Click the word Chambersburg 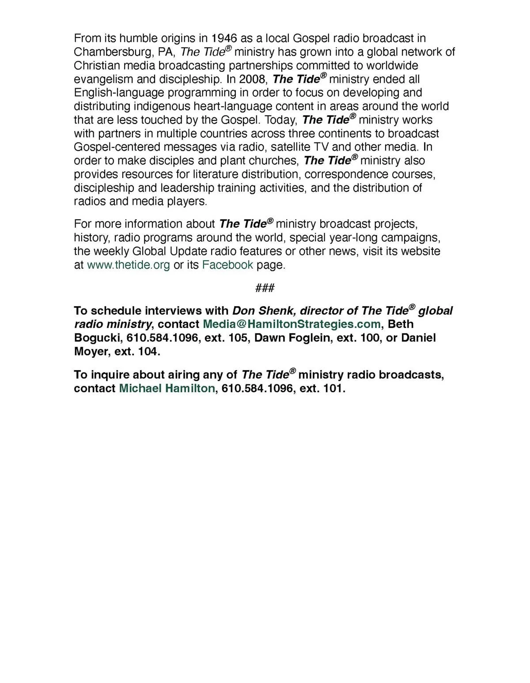[x=113, y=52]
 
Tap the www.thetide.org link [x=128, y=265]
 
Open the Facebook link [x=227, y=265]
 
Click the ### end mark [x=265, y=288]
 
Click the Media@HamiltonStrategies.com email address [x=291, y=324]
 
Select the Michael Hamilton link [x=167, y=389]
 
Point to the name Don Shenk [x=261, y=311]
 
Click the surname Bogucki [x=98, y=338]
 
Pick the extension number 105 [x=238, y=338]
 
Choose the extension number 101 [x=333, y=389]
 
